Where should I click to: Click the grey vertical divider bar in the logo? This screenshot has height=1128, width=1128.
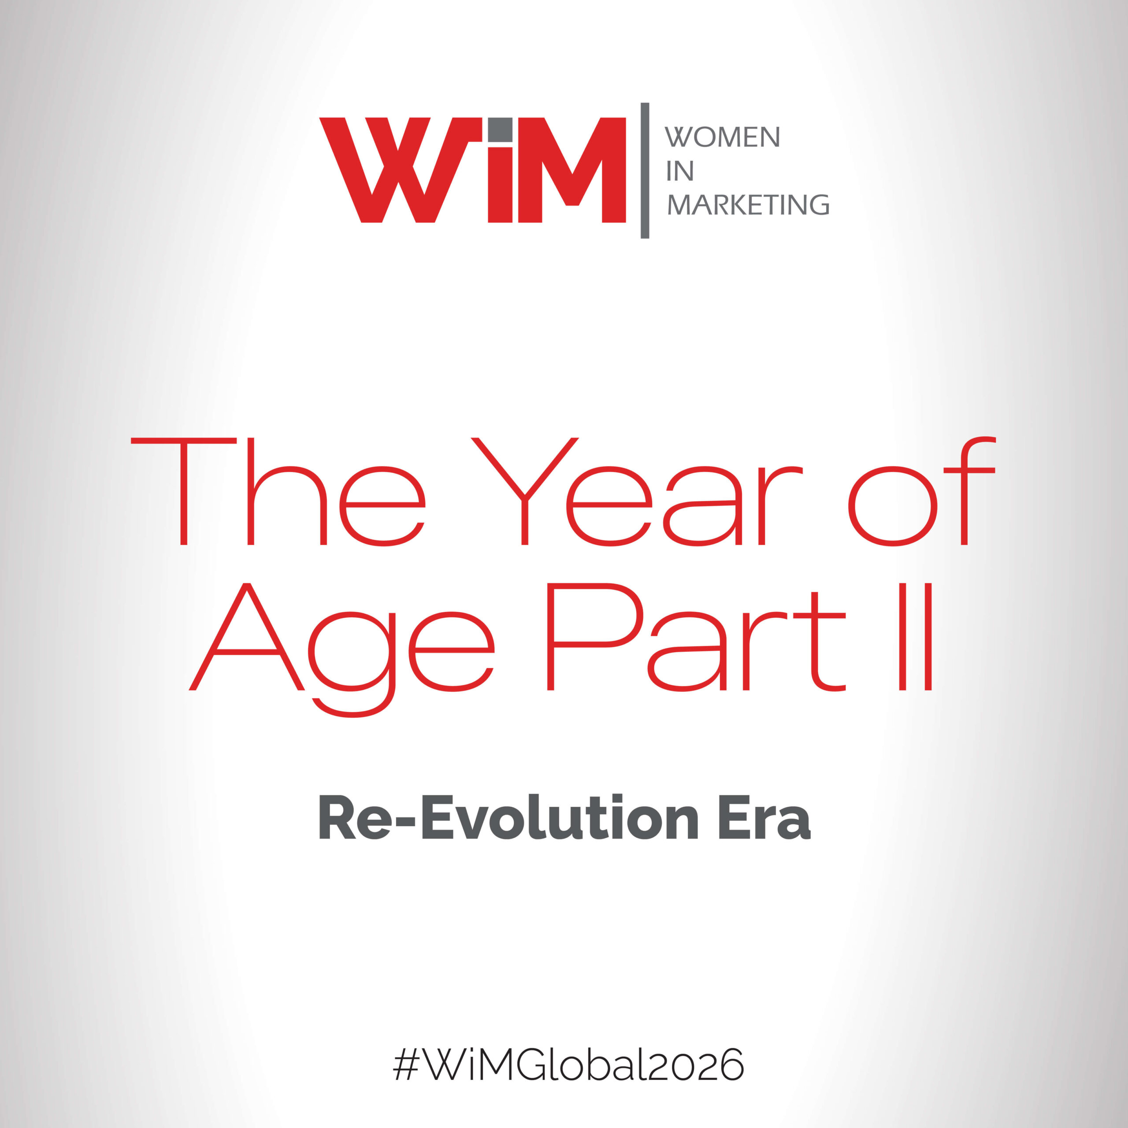click(645, 171)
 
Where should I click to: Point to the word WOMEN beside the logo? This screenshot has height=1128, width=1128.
click(722, 137)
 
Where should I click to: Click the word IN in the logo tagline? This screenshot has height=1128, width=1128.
click(679, 171)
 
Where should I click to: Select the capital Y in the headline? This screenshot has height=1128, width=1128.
click(524, 492)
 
